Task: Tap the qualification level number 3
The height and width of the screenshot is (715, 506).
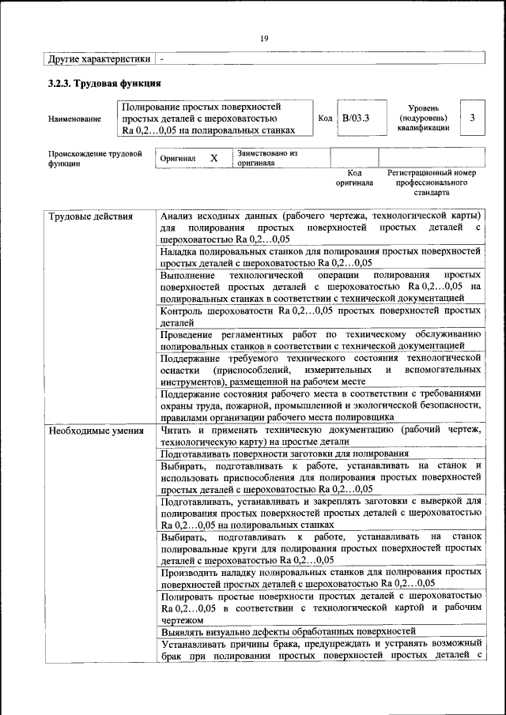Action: point(472,118)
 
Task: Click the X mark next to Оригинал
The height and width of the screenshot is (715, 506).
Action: point(213,158)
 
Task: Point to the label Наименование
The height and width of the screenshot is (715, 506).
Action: point(74,119)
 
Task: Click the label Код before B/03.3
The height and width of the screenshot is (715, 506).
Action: point(325,118)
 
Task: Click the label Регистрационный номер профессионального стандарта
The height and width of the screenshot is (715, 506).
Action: point(431,182)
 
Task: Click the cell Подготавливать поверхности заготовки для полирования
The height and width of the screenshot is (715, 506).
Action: point(284,454)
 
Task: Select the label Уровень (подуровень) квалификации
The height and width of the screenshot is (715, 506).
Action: point(424,117)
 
